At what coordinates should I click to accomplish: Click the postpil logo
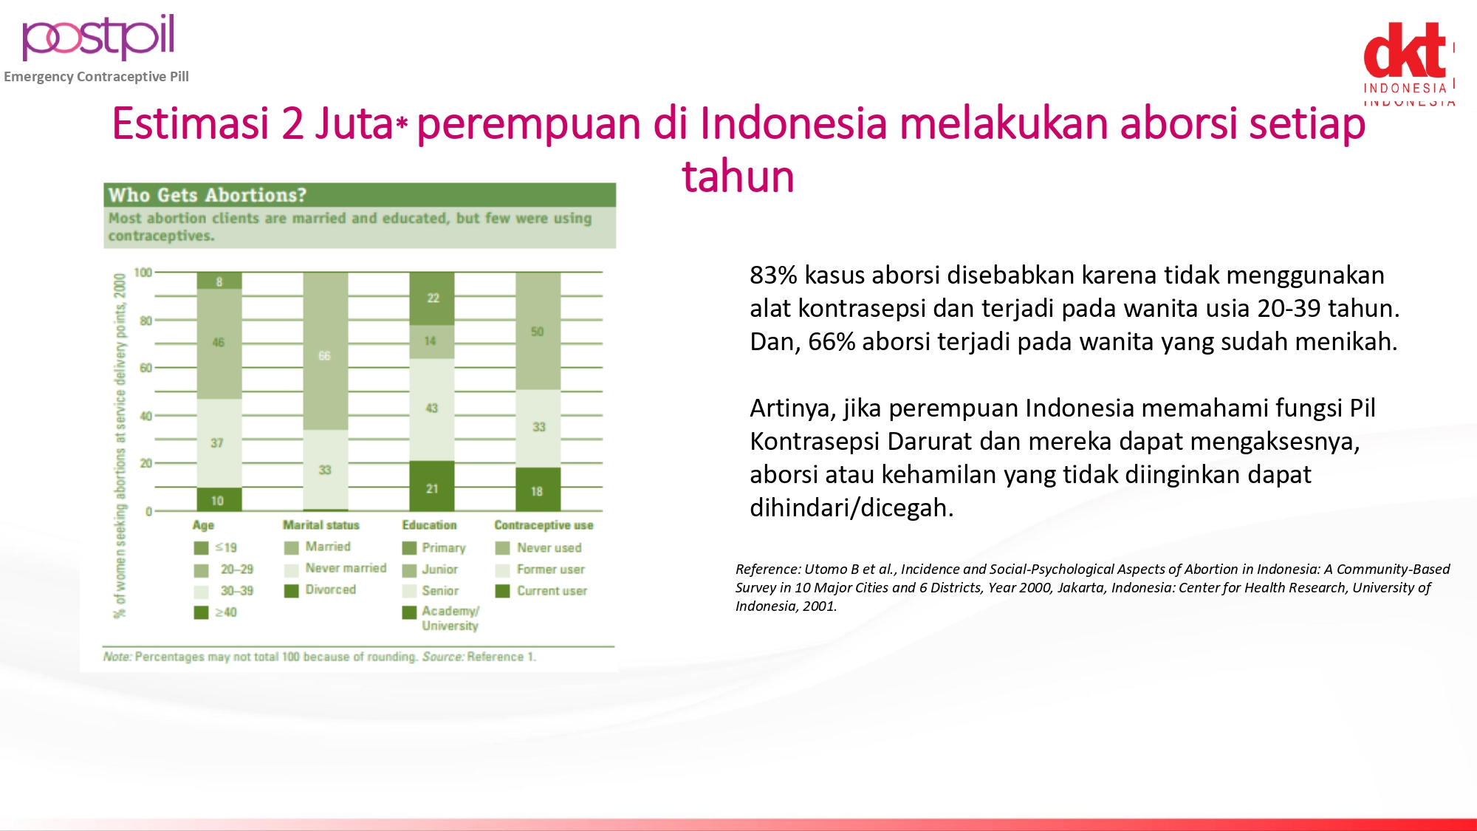coord(98,37)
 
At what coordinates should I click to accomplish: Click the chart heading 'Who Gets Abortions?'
coord(208,195)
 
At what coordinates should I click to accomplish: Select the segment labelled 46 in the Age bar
coord(219,343)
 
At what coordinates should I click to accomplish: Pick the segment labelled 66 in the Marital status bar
coord(326,351)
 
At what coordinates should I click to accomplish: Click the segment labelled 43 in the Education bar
coord(432,409)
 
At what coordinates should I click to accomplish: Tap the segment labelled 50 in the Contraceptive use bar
coord(538,331)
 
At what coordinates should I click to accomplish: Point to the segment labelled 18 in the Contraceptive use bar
coord(538,489)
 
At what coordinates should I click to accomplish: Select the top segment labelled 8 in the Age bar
coord(219,281)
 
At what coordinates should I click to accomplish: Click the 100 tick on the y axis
coord(143,273)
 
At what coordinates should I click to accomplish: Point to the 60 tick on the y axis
coord(146,368)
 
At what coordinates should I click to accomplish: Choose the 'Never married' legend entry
coord(336,569)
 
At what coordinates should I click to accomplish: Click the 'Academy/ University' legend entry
coord(441,618)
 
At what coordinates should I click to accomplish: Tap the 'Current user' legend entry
coord(541,591)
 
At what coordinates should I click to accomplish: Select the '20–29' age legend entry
coord(224,570)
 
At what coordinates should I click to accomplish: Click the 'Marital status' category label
coord(321,525)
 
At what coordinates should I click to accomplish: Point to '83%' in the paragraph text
coord(773,275)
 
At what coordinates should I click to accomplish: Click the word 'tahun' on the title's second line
coord(738,177)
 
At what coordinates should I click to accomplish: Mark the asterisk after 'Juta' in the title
coord(402,123)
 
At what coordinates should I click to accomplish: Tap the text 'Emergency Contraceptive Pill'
coord(97,77)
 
